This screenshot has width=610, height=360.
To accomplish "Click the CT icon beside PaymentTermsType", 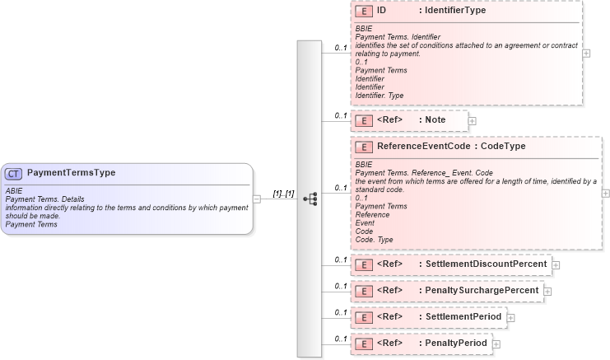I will (x=15, y=173).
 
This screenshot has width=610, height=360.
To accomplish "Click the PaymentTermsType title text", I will (x=71, y=173).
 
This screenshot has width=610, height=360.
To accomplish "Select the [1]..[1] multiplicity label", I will (x=283, y=194).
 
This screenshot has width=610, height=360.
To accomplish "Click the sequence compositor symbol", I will (x=310, y=199).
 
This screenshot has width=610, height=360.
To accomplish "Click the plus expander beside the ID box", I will (x=586, y=53).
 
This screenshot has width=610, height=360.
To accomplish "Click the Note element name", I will (x=435, y=120).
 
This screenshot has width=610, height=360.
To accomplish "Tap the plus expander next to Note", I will (x=473, y=121).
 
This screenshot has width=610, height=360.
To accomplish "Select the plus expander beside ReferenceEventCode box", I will (x=606, y=193).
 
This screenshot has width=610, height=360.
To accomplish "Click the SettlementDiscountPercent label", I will (x=486, y=264).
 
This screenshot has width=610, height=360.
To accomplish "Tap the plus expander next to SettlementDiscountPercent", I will (x=556, y=264).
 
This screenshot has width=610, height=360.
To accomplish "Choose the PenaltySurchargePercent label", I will (x=482, y=290).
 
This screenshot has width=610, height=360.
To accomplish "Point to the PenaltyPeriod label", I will (x=457, y=343).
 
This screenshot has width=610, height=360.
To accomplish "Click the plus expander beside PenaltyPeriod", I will (x=496, y=344).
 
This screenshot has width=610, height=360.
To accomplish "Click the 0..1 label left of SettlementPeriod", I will (x=339, y=312).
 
